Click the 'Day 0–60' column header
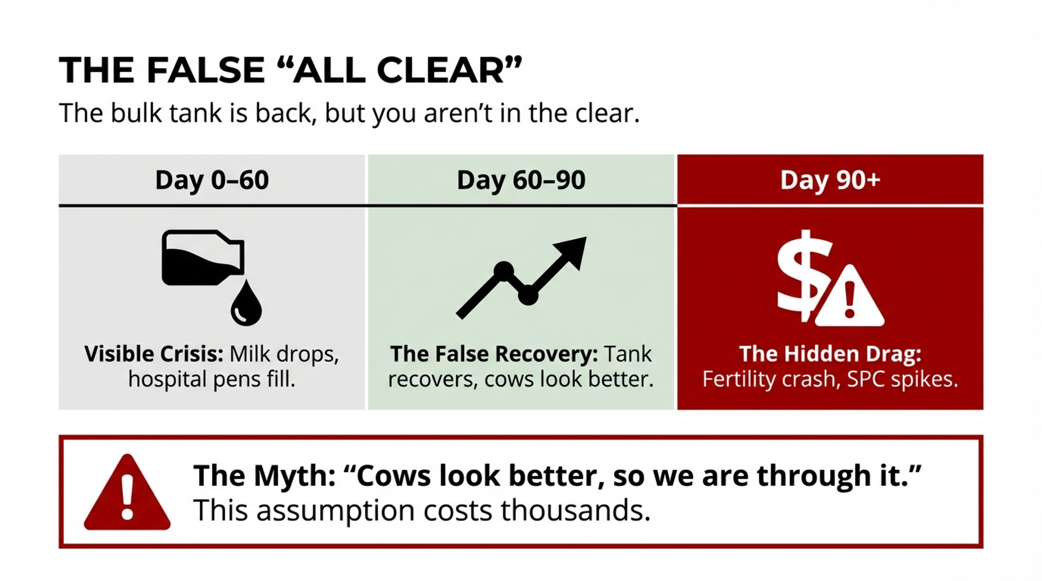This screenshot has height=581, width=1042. [x=212, y=180]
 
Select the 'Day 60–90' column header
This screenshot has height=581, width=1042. [x=521, y=180]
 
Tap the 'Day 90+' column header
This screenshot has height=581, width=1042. [x=830, y=180]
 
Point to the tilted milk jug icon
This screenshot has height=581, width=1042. [x=203, y=258]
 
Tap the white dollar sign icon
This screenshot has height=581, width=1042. [x=802, y=276]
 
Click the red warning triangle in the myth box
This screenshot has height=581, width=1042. [x=127, y=492]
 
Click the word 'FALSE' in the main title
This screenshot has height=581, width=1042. [x=206, y=70]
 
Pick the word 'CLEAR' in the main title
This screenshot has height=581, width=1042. [x=441, y=70]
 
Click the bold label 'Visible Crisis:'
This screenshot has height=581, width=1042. [x=154, y=354]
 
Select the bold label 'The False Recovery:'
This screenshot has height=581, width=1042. [x=494, y=354]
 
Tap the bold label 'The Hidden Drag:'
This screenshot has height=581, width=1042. [x=830, y=354]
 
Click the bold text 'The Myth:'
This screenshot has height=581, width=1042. [x=265, y=476]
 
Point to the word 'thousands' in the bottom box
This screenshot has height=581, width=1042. [x=576, y=510]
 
